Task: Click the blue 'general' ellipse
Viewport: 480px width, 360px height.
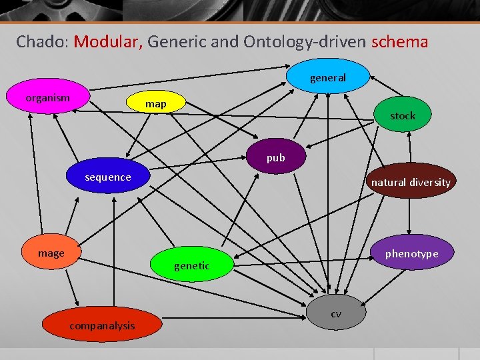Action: point(327,78)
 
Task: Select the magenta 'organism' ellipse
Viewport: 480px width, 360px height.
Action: point(48,98)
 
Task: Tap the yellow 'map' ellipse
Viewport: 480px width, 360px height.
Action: point(156,104)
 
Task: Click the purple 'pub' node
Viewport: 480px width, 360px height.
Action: point(276,158)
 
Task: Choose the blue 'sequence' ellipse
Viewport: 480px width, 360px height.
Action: point(108,177)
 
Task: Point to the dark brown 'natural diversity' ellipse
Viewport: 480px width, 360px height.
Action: point(411,182)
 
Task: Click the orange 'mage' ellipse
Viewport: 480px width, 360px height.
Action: point(51,253)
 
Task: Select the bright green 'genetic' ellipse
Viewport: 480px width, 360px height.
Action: point(191,265)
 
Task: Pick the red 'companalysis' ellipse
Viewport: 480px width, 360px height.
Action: point(102,325)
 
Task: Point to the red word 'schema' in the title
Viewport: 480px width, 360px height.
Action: point(399,41)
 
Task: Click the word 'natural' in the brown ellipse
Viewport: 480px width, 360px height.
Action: point(388,182)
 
